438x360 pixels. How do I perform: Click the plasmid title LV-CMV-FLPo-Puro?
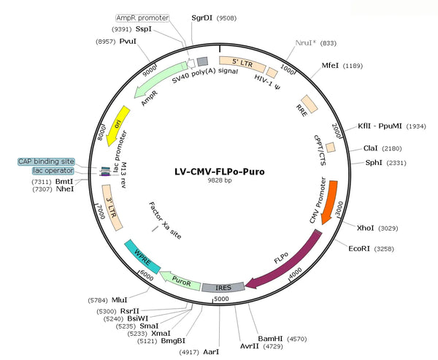(220, 172)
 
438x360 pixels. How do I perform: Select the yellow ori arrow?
(118, 125)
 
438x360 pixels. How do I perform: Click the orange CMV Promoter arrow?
(330, 202)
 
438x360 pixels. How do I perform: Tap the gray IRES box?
(223, 287)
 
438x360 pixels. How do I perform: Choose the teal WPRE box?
(142, 256)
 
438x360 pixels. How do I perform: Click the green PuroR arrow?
(180, 280)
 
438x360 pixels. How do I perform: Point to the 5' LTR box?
(242, 64)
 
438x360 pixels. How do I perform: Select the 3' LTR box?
(112, 207)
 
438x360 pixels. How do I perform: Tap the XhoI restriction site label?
(365, 228)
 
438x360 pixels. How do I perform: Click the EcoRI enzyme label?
(359, 248)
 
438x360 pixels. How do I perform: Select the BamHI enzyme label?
(270, 339)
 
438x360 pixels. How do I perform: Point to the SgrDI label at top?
(201, 18)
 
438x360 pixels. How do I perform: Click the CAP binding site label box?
(47, 161)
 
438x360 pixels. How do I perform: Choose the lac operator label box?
(53, 170)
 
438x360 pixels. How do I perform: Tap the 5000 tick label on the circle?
(221, 299)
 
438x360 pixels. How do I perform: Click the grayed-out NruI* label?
(306, 43)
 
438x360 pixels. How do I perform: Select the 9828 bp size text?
(220, 180)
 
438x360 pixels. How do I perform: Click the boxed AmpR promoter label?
(142, 18)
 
